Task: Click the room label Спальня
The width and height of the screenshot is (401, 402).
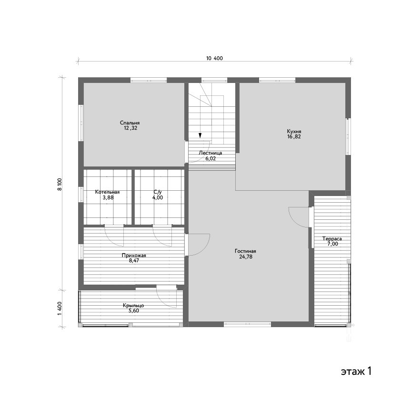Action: tap(130, 123)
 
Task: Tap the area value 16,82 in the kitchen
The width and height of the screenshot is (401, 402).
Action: tap(294, 137)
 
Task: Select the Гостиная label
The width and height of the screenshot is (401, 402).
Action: tap(245, 251)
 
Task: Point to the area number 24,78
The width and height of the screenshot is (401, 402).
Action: tap(246, 257)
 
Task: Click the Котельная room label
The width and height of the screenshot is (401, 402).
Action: tap(107, 192)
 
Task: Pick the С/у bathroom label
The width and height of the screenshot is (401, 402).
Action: tap(158, 192)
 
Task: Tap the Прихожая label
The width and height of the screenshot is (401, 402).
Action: tap(134, 255)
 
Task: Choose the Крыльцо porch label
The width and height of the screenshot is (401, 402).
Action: tap(133, 306)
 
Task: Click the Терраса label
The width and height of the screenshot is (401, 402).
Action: tap(332, 239)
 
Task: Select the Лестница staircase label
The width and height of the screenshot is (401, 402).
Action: tap(211, 153)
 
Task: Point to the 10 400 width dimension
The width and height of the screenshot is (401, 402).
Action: tap(215, 58)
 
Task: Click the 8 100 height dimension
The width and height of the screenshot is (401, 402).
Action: tap(60, 185)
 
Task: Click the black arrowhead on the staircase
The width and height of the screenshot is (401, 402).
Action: tap(200, 135)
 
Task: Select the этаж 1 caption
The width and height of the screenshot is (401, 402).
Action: tap(356, 371)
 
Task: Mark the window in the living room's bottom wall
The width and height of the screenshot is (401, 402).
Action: tap(247, 324)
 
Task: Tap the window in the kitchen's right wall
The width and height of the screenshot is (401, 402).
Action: tap(348, 136)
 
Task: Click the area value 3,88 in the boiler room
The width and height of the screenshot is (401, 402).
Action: tap(108, 197)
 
